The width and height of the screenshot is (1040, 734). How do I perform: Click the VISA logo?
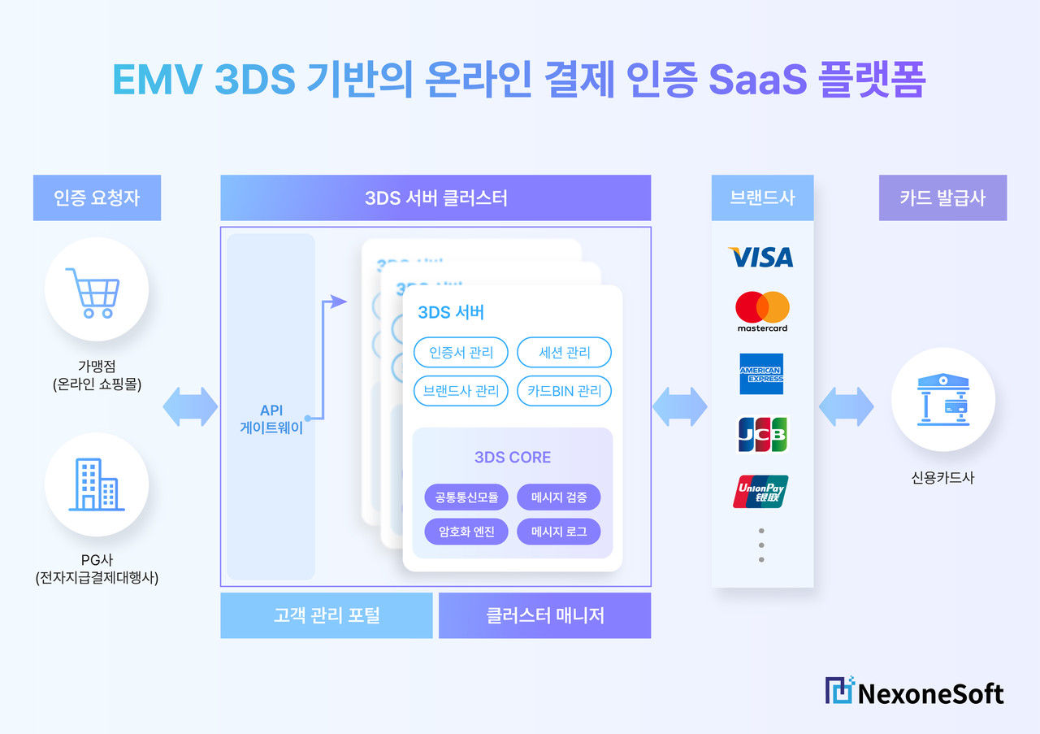761,257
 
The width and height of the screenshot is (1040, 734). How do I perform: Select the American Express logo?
761,374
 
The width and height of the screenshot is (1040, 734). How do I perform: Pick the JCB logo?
761,434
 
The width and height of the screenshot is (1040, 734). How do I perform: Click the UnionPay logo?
760,492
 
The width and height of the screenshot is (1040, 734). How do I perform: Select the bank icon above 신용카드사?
942,399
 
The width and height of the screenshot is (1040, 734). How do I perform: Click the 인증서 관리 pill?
461,353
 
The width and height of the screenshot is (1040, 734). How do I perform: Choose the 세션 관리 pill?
564,353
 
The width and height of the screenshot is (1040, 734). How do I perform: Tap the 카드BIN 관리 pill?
564,391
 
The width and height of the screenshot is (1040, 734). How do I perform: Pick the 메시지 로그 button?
559,532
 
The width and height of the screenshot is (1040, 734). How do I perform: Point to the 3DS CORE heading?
512,458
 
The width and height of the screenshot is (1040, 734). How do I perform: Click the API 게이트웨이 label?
271,419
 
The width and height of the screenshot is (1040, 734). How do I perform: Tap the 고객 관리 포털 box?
327,615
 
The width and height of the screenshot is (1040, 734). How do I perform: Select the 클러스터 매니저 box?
545,615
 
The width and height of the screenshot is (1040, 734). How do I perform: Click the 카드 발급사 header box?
942,198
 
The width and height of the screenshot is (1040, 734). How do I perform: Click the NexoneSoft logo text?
930,693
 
